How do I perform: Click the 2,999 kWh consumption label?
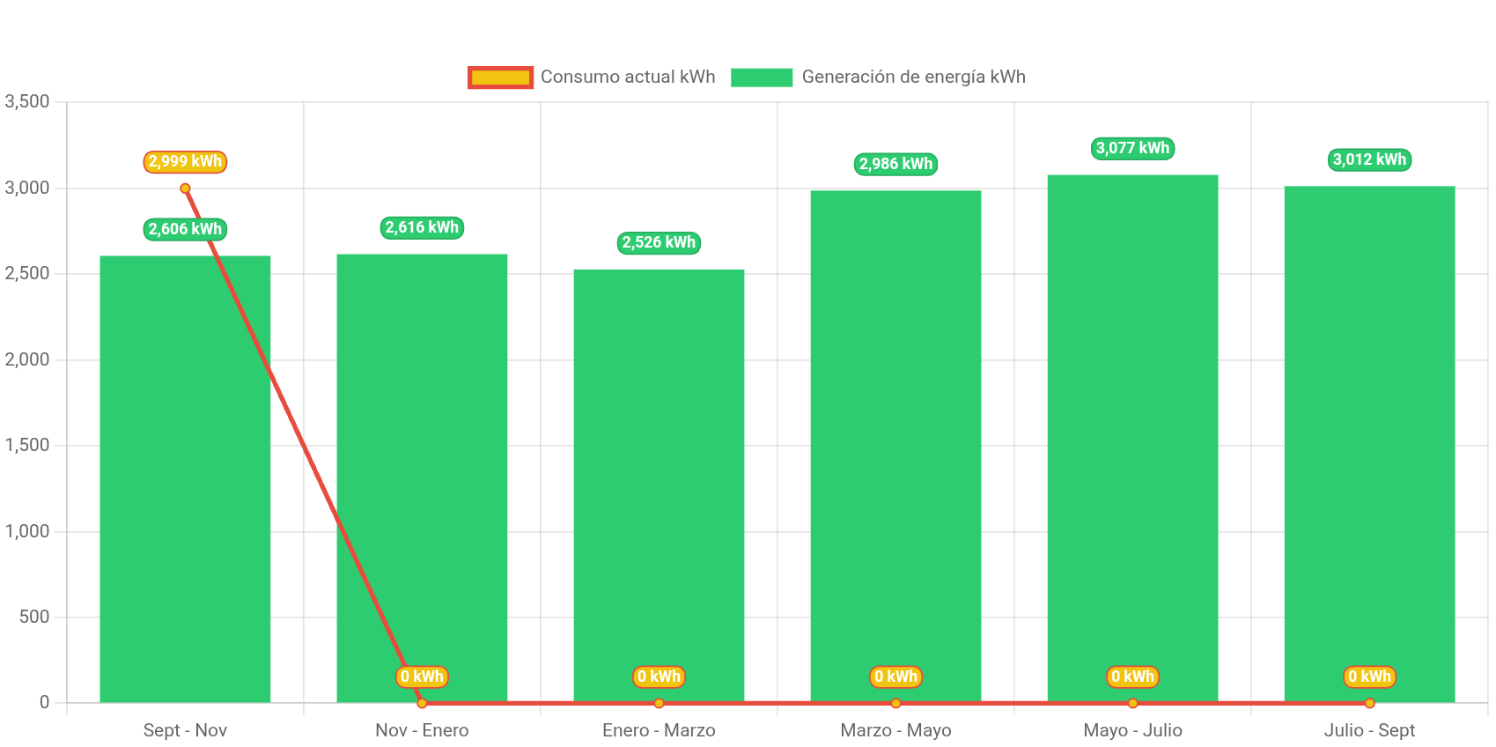pos(185,162)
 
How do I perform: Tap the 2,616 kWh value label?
pos(422,227)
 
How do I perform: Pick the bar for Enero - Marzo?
pos(659,484)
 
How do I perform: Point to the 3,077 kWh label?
pos(1132,148)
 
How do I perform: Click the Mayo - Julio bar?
pos(1132,440)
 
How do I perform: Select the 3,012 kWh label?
pos(1369,159)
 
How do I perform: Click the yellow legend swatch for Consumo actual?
pos(500,78)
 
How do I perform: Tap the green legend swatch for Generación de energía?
pos(762,78)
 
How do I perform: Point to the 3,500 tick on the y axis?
pos(27,101)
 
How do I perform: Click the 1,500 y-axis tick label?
pos(27,445)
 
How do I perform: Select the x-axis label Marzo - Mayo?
pos(895,730)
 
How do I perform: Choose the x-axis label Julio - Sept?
pos(1369,730)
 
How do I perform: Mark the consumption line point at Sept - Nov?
pos(185,188)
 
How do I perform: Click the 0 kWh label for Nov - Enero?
pos(422,677)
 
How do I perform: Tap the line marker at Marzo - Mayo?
pos(895,703)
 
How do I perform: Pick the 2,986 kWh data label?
pos(895,164)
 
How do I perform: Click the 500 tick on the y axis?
pos(34,617)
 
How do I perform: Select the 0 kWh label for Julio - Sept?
pos(1369,677)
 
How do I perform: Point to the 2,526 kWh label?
pos(659,242)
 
